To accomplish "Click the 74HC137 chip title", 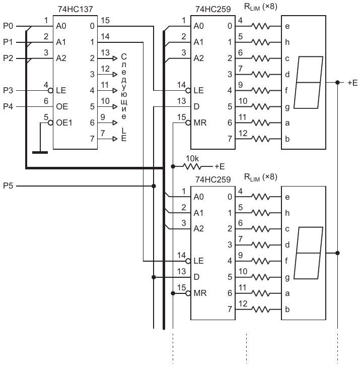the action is tap(76, 9).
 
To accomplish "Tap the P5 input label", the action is tap(8, 186).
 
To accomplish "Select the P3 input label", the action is tap(8, 90).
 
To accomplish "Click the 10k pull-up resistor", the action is tap(192, 166).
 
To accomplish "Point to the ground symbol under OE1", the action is tap(40, 152).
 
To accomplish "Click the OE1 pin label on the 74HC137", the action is tap(64, 123).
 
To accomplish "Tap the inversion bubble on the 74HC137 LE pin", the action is tap(50, 90).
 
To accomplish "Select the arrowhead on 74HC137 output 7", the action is tap(115, 139).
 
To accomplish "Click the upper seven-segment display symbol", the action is tap(308, 82).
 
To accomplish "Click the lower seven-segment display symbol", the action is tap(308, 253).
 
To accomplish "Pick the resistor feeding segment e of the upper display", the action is tap(260, 26).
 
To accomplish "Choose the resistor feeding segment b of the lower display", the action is tap(260, 310).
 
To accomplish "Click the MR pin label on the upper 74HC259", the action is tap(200, 123).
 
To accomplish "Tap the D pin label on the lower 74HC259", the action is tap(196, 277).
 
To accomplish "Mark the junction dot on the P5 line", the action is tap(154, 186).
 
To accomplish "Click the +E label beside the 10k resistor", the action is tap(220, 166).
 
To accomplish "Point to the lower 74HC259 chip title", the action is tap(213, 179).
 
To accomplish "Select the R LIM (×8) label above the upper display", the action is tap(260, 7).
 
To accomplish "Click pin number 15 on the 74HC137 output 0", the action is tap(105, 20).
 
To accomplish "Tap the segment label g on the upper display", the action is tap(287, 107).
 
